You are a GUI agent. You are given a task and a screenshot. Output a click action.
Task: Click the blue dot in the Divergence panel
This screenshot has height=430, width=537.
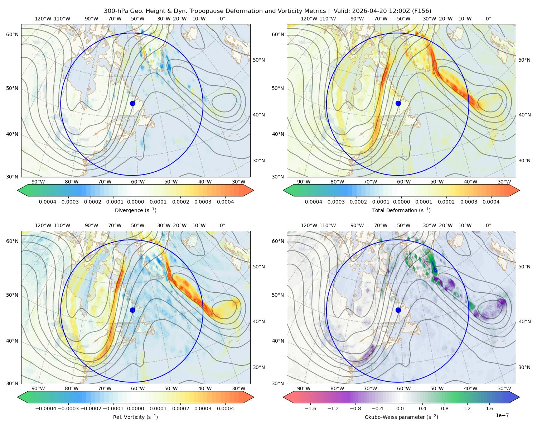[132, 104]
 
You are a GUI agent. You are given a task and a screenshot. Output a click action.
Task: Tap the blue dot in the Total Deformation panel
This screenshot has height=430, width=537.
[398, 104]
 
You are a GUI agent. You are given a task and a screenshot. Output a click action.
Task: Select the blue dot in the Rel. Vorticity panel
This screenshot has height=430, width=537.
[132, 310]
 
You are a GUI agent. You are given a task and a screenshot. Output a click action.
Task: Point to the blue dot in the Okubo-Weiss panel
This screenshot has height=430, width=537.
[398, 310]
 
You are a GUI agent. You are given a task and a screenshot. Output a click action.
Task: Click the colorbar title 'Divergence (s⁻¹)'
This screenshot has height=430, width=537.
[135, 210]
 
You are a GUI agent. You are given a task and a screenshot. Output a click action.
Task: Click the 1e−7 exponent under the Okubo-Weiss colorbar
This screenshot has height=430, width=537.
[502, 415]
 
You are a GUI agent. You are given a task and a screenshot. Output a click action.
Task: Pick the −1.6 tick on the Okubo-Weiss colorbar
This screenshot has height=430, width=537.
[310, 408]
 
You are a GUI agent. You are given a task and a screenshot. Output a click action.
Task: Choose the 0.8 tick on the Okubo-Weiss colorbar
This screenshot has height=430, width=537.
[445, 408]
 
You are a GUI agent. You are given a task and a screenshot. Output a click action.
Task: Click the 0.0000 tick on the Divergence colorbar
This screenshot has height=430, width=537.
[135, 202]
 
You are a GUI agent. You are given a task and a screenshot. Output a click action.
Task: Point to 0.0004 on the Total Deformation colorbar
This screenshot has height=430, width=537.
[491, 202]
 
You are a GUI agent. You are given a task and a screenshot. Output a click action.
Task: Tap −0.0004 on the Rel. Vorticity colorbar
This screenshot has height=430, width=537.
[46, 408]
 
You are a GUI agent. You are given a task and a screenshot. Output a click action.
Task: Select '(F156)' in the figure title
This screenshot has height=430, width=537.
[422, 11]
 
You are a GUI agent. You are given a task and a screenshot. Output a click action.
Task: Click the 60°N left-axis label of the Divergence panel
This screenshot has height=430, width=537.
[12, 34]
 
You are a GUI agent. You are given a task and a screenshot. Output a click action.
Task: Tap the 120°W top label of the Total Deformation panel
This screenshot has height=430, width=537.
[309, 19]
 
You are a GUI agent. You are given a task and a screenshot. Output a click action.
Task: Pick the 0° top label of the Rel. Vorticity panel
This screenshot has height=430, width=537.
[222, 225]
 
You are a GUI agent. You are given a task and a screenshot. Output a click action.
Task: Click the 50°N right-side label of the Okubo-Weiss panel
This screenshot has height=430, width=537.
[524, 267]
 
